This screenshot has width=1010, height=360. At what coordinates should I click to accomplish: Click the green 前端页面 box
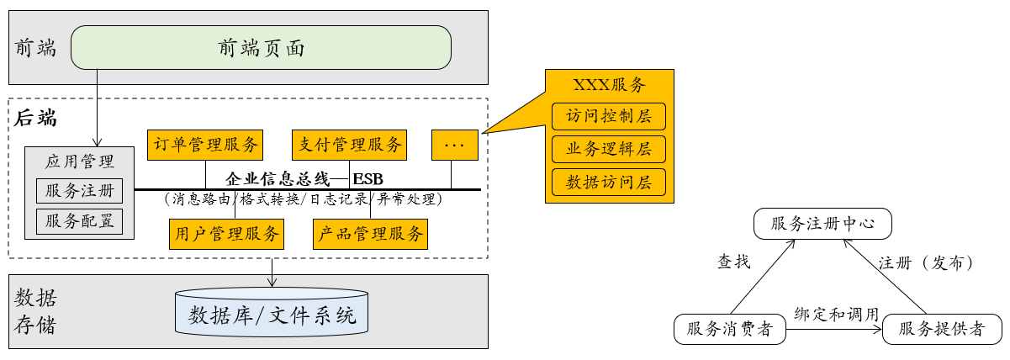coord(261,48)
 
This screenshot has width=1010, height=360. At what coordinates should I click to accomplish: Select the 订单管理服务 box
coord(205,145)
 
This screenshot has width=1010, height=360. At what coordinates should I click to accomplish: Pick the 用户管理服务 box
coord(226,234)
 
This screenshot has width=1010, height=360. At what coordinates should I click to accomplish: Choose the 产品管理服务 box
coord(371,234)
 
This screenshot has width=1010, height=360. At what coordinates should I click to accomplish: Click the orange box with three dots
coord(455,145)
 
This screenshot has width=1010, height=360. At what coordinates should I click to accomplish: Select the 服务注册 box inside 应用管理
coord(80,191)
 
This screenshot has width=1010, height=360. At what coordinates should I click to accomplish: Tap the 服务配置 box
coord(80,221)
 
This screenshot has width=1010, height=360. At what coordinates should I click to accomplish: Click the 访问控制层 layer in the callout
coord(609,116)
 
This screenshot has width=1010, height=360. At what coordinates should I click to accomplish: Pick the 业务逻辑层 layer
coord(609,149)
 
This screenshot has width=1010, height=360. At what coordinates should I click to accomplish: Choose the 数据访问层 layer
coord(609,182)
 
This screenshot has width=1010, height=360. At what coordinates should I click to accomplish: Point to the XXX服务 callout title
coord(609,85)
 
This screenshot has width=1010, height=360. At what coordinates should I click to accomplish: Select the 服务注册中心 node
coord(821,225)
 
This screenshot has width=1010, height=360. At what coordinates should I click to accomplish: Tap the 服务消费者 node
coord(729,329)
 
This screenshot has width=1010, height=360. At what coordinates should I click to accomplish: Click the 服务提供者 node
coord(942,329)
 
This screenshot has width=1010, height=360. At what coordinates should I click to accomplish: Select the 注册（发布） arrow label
coord(926,262)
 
